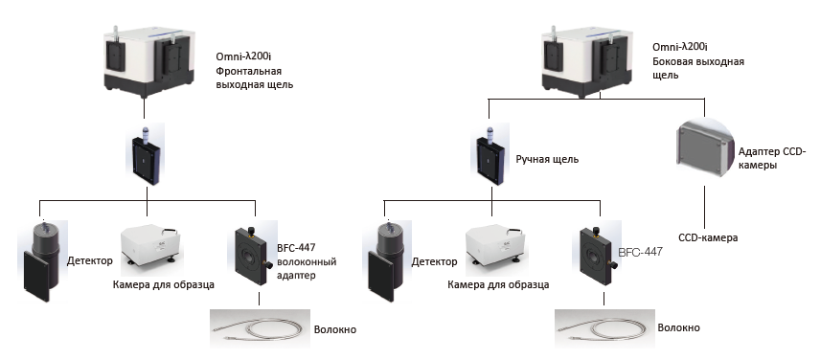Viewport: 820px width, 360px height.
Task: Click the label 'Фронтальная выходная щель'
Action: (x=255, y=78)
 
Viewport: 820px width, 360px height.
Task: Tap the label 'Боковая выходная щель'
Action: (x=698, y=68)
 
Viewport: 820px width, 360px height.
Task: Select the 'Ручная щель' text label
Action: (x=547, y=159)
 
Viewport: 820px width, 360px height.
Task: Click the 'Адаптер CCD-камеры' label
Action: (x=768, y=158)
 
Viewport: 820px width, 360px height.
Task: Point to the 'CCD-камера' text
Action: (x=708, y=237)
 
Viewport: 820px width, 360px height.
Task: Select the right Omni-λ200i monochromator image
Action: (x=584, y=63)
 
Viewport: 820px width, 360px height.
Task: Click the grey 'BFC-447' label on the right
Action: (x=640, y=252)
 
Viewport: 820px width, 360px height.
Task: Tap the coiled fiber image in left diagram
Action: (x=260, y=328)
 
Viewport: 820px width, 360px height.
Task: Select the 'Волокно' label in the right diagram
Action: (x=679, y=327)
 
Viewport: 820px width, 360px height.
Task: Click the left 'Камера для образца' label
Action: (x=164, y=284)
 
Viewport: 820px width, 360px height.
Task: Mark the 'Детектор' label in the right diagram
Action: (x=435, y=261)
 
